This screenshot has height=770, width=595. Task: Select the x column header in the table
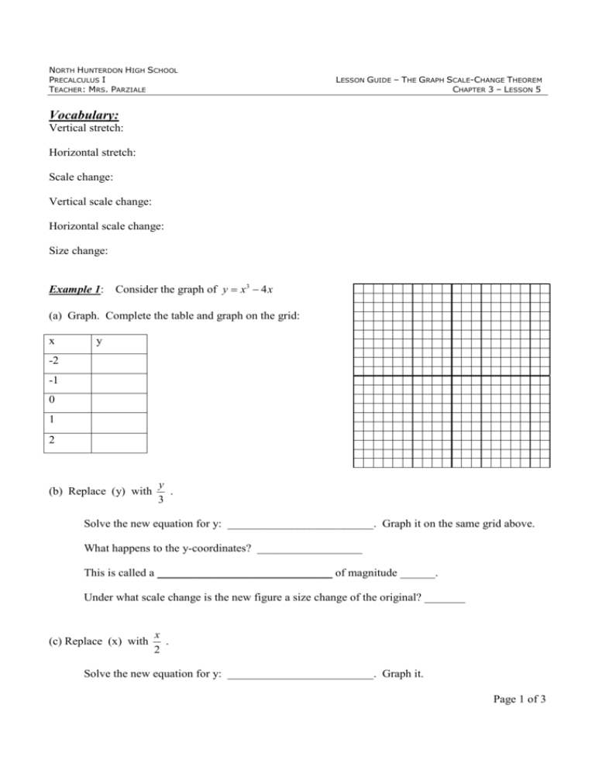[52, 343]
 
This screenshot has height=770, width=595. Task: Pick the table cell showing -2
[55, 362]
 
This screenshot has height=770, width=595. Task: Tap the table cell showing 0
[52, 402]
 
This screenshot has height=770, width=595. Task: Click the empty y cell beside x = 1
[118, 422]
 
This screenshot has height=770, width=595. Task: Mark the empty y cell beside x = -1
[118, 382]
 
